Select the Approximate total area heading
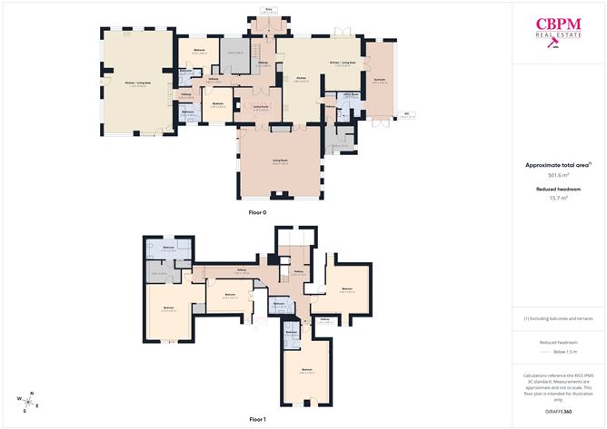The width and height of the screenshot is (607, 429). coord(558,165)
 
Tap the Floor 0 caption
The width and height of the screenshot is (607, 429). coord(257,212)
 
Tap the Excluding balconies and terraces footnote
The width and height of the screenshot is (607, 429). coord(559,318)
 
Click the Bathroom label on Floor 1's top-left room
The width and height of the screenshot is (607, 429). coord(168,248)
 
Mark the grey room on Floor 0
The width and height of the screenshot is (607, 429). coord(235,53)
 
